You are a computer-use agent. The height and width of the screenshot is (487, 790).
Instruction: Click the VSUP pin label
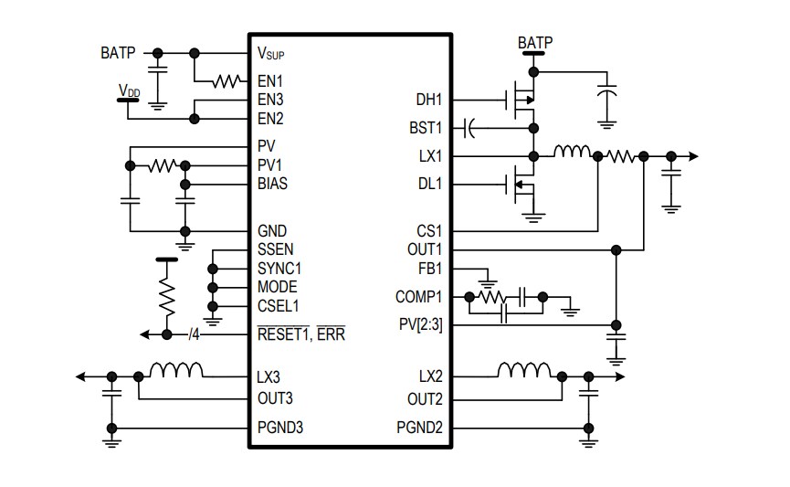click(x=275, y=54)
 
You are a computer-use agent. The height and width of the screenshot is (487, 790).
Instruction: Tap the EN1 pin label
click(x=270, y=81)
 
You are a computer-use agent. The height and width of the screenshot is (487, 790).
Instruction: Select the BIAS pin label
click(x=273, y=184)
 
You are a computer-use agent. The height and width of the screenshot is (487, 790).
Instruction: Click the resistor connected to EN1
click(x=224, y=81)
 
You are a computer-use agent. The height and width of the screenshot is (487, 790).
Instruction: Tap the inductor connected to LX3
click(x=175, y=370)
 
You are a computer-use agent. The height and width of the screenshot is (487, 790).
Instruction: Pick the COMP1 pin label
click(x=418, y=297)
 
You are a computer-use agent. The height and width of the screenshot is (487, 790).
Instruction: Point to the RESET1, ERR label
click(x=301, y=334)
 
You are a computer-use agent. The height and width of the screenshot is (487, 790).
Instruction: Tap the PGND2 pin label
click(x=419, y=428)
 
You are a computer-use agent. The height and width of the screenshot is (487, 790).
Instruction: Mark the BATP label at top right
click(x=534, y=42)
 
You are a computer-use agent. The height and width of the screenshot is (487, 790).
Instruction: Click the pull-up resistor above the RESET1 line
click(x=166, y=294)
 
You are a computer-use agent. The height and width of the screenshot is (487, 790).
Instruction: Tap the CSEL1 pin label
click(x=278, y=306)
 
